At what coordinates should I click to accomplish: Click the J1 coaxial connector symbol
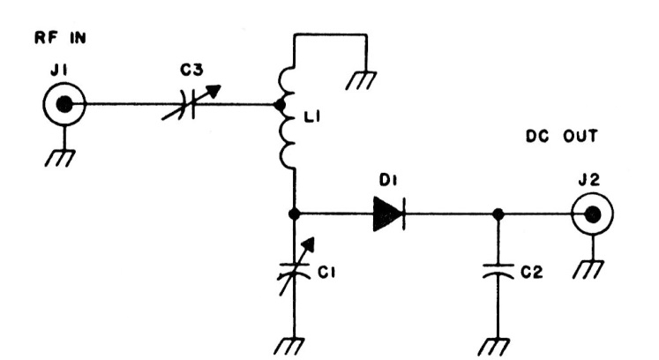[63, 105]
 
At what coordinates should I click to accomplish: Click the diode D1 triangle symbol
[387, 213]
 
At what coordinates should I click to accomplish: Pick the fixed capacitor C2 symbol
[499, 272]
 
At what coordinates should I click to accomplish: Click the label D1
[385, 181]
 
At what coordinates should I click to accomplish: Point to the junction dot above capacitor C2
[499, 213]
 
